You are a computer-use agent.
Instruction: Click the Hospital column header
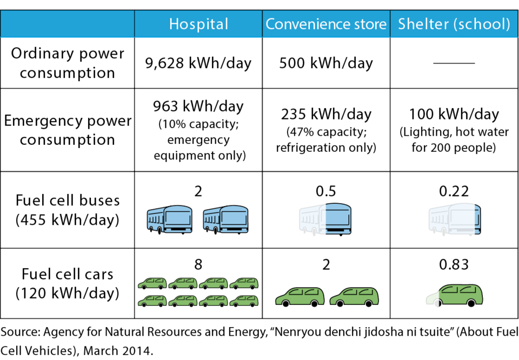pos(198,24)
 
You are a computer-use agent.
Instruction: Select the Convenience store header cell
pos(326,24)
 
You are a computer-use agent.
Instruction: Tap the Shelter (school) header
pos(454,24)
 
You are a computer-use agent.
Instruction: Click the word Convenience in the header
pos(307,24)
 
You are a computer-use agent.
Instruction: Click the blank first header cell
pos(68,24)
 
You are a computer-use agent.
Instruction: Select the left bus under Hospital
pos(169,218)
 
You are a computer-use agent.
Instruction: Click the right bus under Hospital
pos(225,218)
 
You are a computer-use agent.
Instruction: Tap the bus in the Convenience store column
pos(325,218)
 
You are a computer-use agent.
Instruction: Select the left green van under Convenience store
pos(300,296)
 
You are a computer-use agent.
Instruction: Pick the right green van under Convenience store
pos(354,296)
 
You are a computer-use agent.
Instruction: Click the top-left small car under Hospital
pos(152,283)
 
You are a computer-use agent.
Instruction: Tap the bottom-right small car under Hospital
pos(244,301)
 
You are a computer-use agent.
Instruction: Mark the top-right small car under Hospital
pos(244,283)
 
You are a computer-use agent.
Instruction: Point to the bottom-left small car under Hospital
pos(152,301)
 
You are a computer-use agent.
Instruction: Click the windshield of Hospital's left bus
pos(177,218)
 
